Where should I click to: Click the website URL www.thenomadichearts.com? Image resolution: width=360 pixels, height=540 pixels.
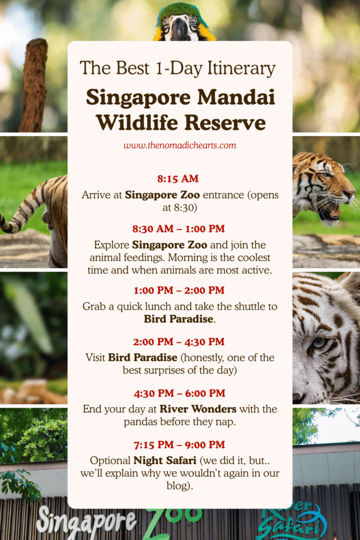coord(180,145)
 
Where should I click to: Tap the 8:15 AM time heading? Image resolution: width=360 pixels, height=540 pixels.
coord(178,178)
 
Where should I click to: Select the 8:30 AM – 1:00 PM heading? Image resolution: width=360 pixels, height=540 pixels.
coord(178,229)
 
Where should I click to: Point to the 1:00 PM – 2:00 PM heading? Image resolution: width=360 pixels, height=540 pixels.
coord(178,290)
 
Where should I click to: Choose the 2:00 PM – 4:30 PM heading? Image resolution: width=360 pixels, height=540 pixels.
coord(178,342)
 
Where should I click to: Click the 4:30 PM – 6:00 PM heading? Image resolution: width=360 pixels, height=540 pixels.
coord(178,393)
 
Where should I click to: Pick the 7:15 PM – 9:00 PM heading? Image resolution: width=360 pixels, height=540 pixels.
coord(178,444)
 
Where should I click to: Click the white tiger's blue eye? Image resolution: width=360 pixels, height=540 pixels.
coord(318,342)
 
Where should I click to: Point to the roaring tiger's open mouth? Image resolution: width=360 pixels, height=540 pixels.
coord(330,214)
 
